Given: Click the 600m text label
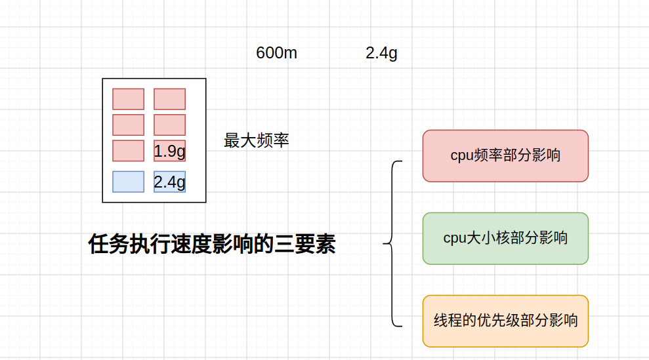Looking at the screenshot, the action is pyautogui.click(x=276, y=53).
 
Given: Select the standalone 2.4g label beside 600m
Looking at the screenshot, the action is pyautogui.click(x=381, y=53).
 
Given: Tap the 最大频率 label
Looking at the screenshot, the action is pyautogui.click(x=256, y=140).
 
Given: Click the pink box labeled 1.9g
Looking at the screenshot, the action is pyautogui.click(x=170, y=151).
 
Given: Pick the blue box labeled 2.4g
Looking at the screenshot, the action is pyautogui.click(x=170, y=182).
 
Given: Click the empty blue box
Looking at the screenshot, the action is pyautogui.click(x=129, y=182).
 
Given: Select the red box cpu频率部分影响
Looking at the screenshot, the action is pyautogui.click(x=505, y=155).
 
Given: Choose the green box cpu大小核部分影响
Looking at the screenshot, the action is pyautogui.click(x=505, y=238).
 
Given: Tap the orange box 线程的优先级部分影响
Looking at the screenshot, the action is pyautogui.click(x=505, y=321).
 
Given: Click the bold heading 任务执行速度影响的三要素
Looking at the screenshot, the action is pyautogui.click(x=212, y=244).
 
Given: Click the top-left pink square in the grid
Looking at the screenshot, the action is pyautogui.click(x=129, y=99).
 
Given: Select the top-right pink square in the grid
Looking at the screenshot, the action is pyautogui.click(x=170, y=99).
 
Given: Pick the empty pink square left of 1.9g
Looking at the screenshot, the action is pyautogui.click(x=129, y=151).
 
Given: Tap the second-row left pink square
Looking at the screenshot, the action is pyautogui.click(x=129, y=125).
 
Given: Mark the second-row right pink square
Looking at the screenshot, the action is pyautogui.click(x=170, y=125).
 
